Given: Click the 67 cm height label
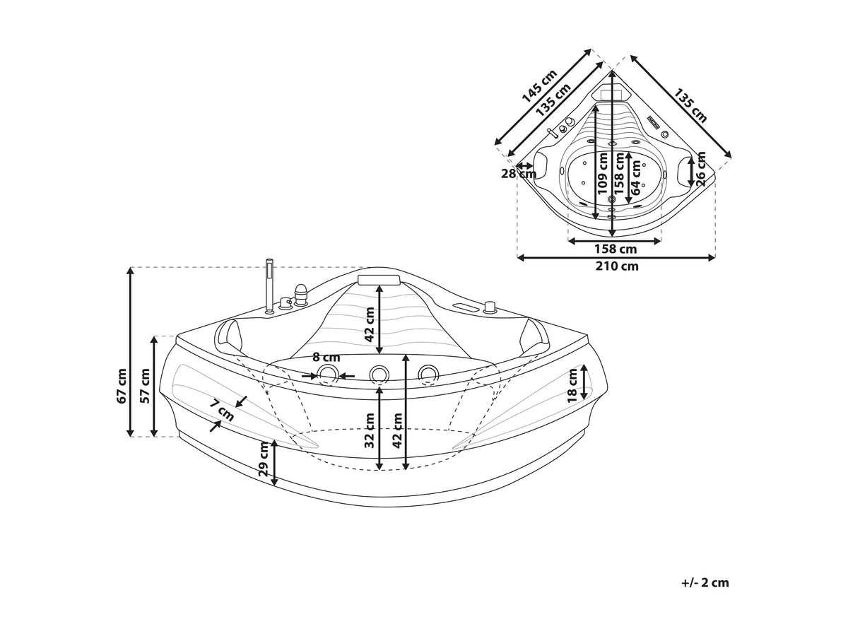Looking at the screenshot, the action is [x=122, y=386].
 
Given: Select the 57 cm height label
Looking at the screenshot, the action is [x=145, y=386].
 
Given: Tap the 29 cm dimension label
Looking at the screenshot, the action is [x=263, y=464].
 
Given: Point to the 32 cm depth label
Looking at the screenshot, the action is [x=370, y=430].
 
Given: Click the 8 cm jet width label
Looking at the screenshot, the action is [x=326, y=358].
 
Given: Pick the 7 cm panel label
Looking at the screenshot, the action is [x=222, y=410].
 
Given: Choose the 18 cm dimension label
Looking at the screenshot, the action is [x=572, y=385].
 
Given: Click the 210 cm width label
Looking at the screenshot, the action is [x=616, y=266].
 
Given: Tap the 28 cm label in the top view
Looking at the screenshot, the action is [x=519, y=174].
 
